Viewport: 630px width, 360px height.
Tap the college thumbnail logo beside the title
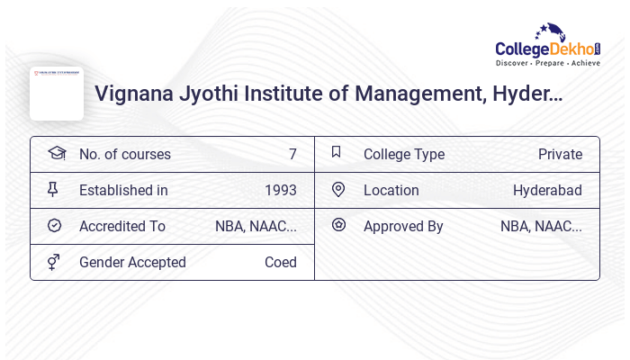(57, 93)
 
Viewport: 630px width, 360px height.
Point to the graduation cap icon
(57, 153)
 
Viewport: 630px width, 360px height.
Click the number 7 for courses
(292, 154)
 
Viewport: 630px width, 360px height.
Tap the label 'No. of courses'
(124, 154)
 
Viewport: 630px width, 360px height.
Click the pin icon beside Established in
(53, 189)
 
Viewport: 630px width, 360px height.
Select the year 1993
(281, 190)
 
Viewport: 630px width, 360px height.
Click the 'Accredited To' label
(122, 226)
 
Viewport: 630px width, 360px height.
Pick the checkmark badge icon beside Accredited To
(54, 225)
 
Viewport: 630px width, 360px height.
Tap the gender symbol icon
(54, 261)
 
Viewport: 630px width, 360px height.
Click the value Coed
(281, 262)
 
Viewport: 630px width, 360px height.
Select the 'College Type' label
(404, 154)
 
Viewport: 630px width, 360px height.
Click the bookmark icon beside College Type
(337, 152)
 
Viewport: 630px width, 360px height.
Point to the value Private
(560, 154)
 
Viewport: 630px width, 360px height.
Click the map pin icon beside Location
(338, 189)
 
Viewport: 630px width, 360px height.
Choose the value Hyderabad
(547, 190)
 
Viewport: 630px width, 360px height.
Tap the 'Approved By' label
(403, 226)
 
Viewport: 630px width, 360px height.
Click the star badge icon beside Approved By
(338, 225)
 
